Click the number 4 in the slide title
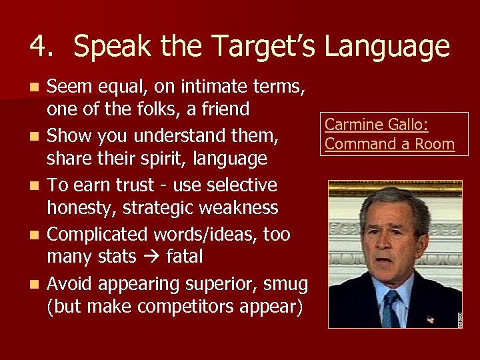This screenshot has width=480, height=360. (39, 47)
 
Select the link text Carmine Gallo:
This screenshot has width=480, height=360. (376, 125)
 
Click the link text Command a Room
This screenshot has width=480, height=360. (389, 144)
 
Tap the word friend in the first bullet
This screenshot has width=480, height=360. (223, 109)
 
